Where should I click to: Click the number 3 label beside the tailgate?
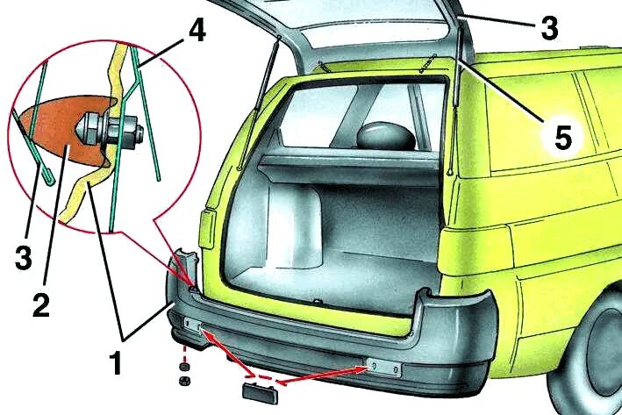coord(548,30)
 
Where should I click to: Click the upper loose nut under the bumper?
coord(185,363)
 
